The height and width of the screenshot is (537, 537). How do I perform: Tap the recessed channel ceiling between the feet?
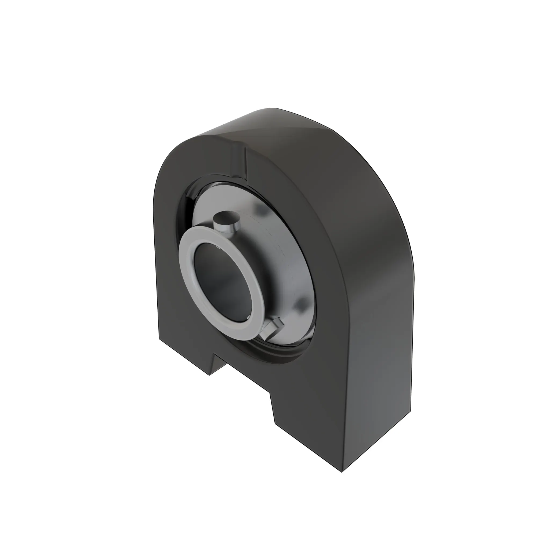pos(245,375)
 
